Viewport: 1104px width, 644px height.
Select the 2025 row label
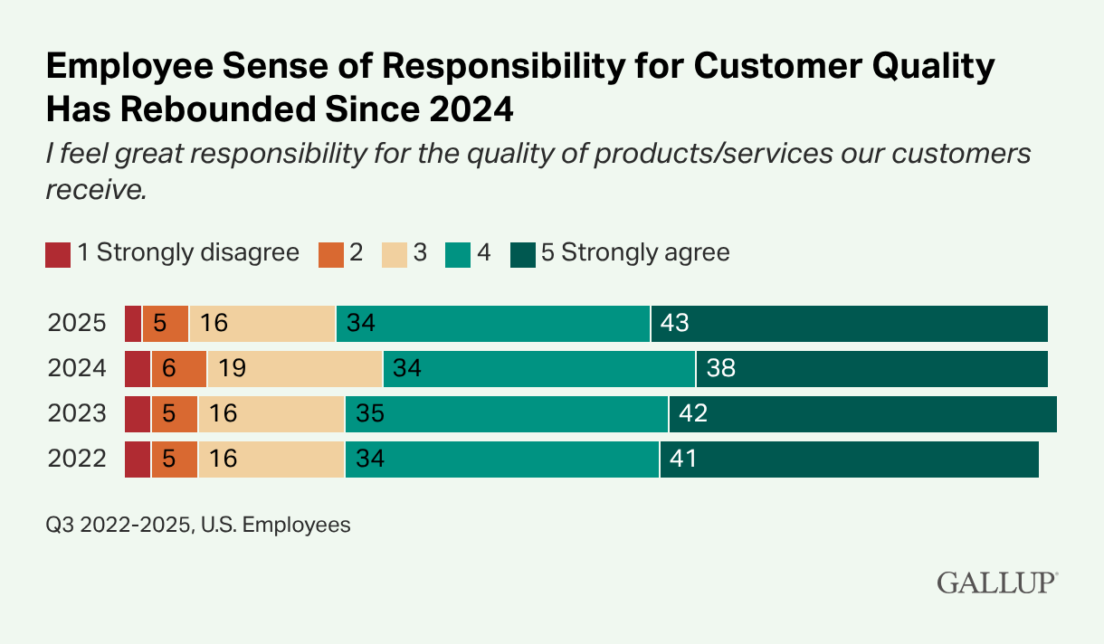pyautogui.click(x=77, y=324)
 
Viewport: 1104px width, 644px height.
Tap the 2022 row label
pyautogui.click(x=77, y=459)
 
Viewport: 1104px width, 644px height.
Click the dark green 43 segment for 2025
pyautogui.click(x=849, y=324)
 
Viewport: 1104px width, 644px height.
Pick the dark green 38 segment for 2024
pyautogui.click(x=871, y=369)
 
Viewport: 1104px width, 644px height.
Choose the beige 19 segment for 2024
pyautogui.click(x=294, y=369)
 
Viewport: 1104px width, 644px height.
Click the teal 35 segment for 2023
pyautogui.click(x=506, y=414)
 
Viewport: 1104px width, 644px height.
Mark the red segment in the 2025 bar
pyautogui.click(x=133, y=324)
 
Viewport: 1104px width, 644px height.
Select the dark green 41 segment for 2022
pyautogui.click(x=849, y=459)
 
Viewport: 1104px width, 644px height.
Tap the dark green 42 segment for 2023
pyautogui.click(x=862, y=414)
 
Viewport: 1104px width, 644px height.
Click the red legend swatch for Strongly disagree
pyautogui.click(x=58, y=254)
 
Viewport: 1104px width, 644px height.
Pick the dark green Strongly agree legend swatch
pyautogui.click(x=523, y=254)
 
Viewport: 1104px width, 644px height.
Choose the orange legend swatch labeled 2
pyautogui.click(x=330, y=254)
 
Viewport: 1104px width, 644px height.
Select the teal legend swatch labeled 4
pyautogui.click(x=458, y=254)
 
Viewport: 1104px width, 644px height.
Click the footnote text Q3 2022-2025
pyautogui.click(x=118, y=525)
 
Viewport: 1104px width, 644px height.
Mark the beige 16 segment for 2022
pyautogui.click(x=271, y=459)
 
